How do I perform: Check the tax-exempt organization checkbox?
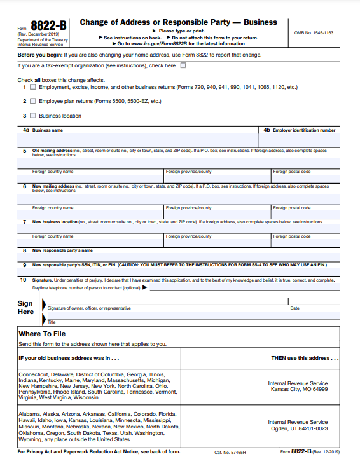183,65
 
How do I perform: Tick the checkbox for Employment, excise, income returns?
33,86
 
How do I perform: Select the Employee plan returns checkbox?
33,101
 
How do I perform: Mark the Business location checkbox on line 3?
33,116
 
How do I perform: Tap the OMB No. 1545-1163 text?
313,32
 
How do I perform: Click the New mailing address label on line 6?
53,186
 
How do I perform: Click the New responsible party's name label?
62,250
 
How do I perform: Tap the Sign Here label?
25,308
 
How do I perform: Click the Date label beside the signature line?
294,308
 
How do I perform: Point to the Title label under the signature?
52,322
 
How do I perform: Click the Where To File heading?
42,334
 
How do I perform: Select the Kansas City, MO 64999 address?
298,388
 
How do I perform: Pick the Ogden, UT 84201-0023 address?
298,428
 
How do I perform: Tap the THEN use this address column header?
305,358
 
